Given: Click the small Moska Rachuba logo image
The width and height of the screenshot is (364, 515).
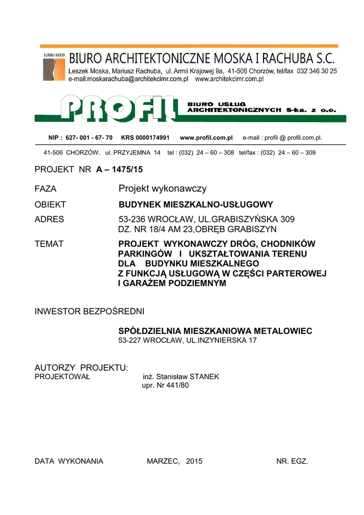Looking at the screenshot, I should coord(54,66).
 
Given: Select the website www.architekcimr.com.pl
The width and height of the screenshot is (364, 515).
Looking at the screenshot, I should coord(229,79).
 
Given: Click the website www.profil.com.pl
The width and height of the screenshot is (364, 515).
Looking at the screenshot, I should coord(206,137).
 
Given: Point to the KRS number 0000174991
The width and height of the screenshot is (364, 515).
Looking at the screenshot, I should coord(152,137).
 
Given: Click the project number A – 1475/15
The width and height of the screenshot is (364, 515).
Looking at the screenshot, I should coord(116,170).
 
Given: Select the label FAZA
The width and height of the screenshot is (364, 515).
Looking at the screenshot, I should coord(45,189).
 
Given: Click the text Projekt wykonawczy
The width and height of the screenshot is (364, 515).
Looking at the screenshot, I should coord(162,189).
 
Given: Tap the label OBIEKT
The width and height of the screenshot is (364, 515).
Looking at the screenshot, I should coord(50,205).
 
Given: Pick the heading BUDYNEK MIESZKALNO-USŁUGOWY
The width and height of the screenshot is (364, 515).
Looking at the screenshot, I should coord(196,205).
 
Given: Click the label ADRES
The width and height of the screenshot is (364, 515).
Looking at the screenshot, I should coord(49,219).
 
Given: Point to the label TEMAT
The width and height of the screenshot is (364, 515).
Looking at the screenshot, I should coord(49,244).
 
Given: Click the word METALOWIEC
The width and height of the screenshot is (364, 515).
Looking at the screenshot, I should coord(283,331).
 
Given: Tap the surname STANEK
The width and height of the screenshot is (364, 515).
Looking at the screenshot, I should coord(204,377).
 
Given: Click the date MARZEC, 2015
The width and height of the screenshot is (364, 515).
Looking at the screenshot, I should coord(174,461).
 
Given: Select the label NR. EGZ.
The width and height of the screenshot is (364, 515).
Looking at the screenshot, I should coord(292,461).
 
